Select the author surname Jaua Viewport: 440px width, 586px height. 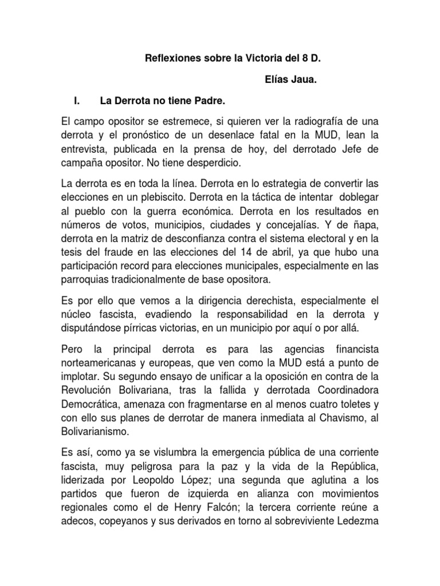click(x=304, y=80)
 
